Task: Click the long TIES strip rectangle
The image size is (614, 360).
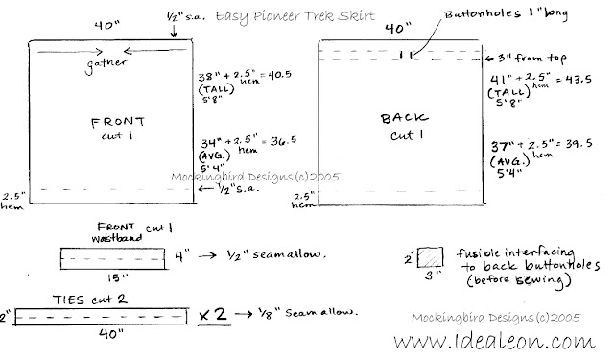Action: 99,314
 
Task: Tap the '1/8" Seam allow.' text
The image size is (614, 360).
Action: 301,313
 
